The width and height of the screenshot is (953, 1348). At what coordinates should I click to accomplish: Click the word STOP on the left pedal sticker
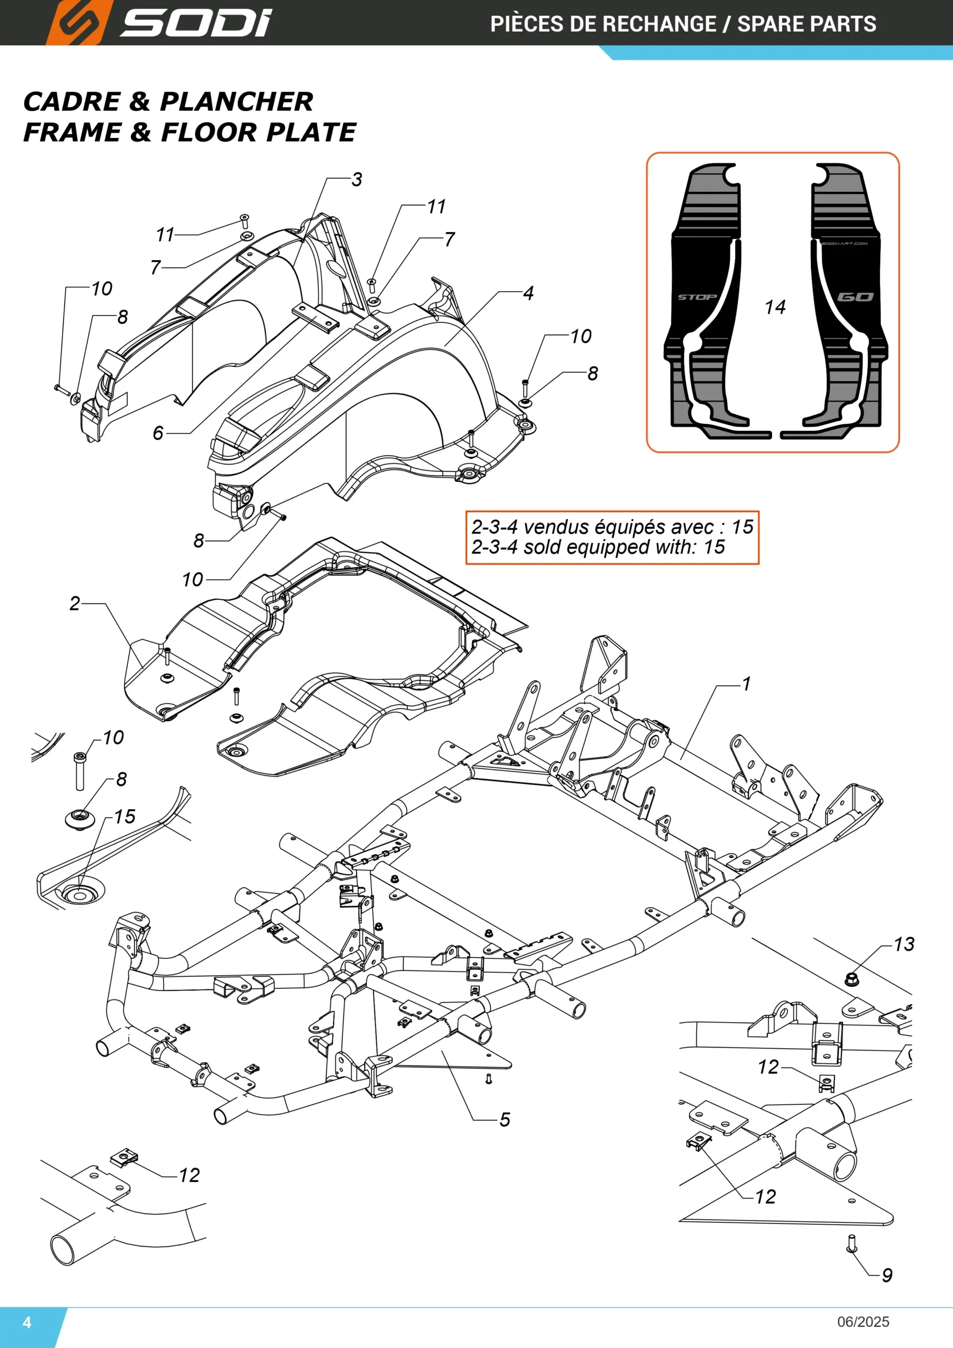point(697,297)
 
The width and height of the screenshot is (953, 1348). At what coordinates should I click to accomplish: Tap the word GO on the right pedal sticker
point(856,297)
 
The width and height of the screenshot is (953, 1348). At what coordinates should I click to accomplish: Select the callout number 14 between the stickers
point(775,307)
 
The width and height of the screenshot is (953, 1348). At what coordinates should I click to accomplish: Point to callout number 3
point(357,180)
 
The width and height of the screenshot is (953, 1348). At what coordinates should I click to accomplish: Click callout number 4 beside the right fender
point(528,293)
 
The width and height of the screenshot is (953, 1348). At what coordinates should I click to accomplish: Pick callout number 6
point(158,433)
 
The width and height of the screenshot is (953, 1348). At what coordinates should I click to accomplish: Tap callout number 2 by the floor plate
point(75,603)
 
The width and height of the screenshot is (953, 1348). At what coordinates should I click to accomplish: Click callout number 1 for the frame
point(746,684)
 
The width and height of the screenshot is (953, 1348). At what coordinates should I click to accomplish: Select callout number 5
point(505,1119)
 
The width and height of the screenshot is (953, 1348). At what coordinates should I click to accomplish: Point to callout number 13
point(904,944)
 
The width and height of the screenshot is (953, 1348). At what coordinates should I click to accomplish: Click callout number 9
point(887,1275)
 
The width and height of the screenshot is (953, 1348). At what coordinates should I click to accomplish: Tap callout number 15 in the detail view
point(124,817)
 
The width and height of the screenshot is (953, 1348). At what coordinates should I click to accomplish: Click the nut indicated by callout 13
point(851,979)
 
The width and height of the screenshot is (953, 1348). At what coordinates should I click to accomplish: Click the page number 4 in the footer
point(27,1322)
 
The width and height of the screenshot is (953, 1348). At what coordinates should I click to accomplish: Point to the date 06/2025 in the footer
point(863,1322)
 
